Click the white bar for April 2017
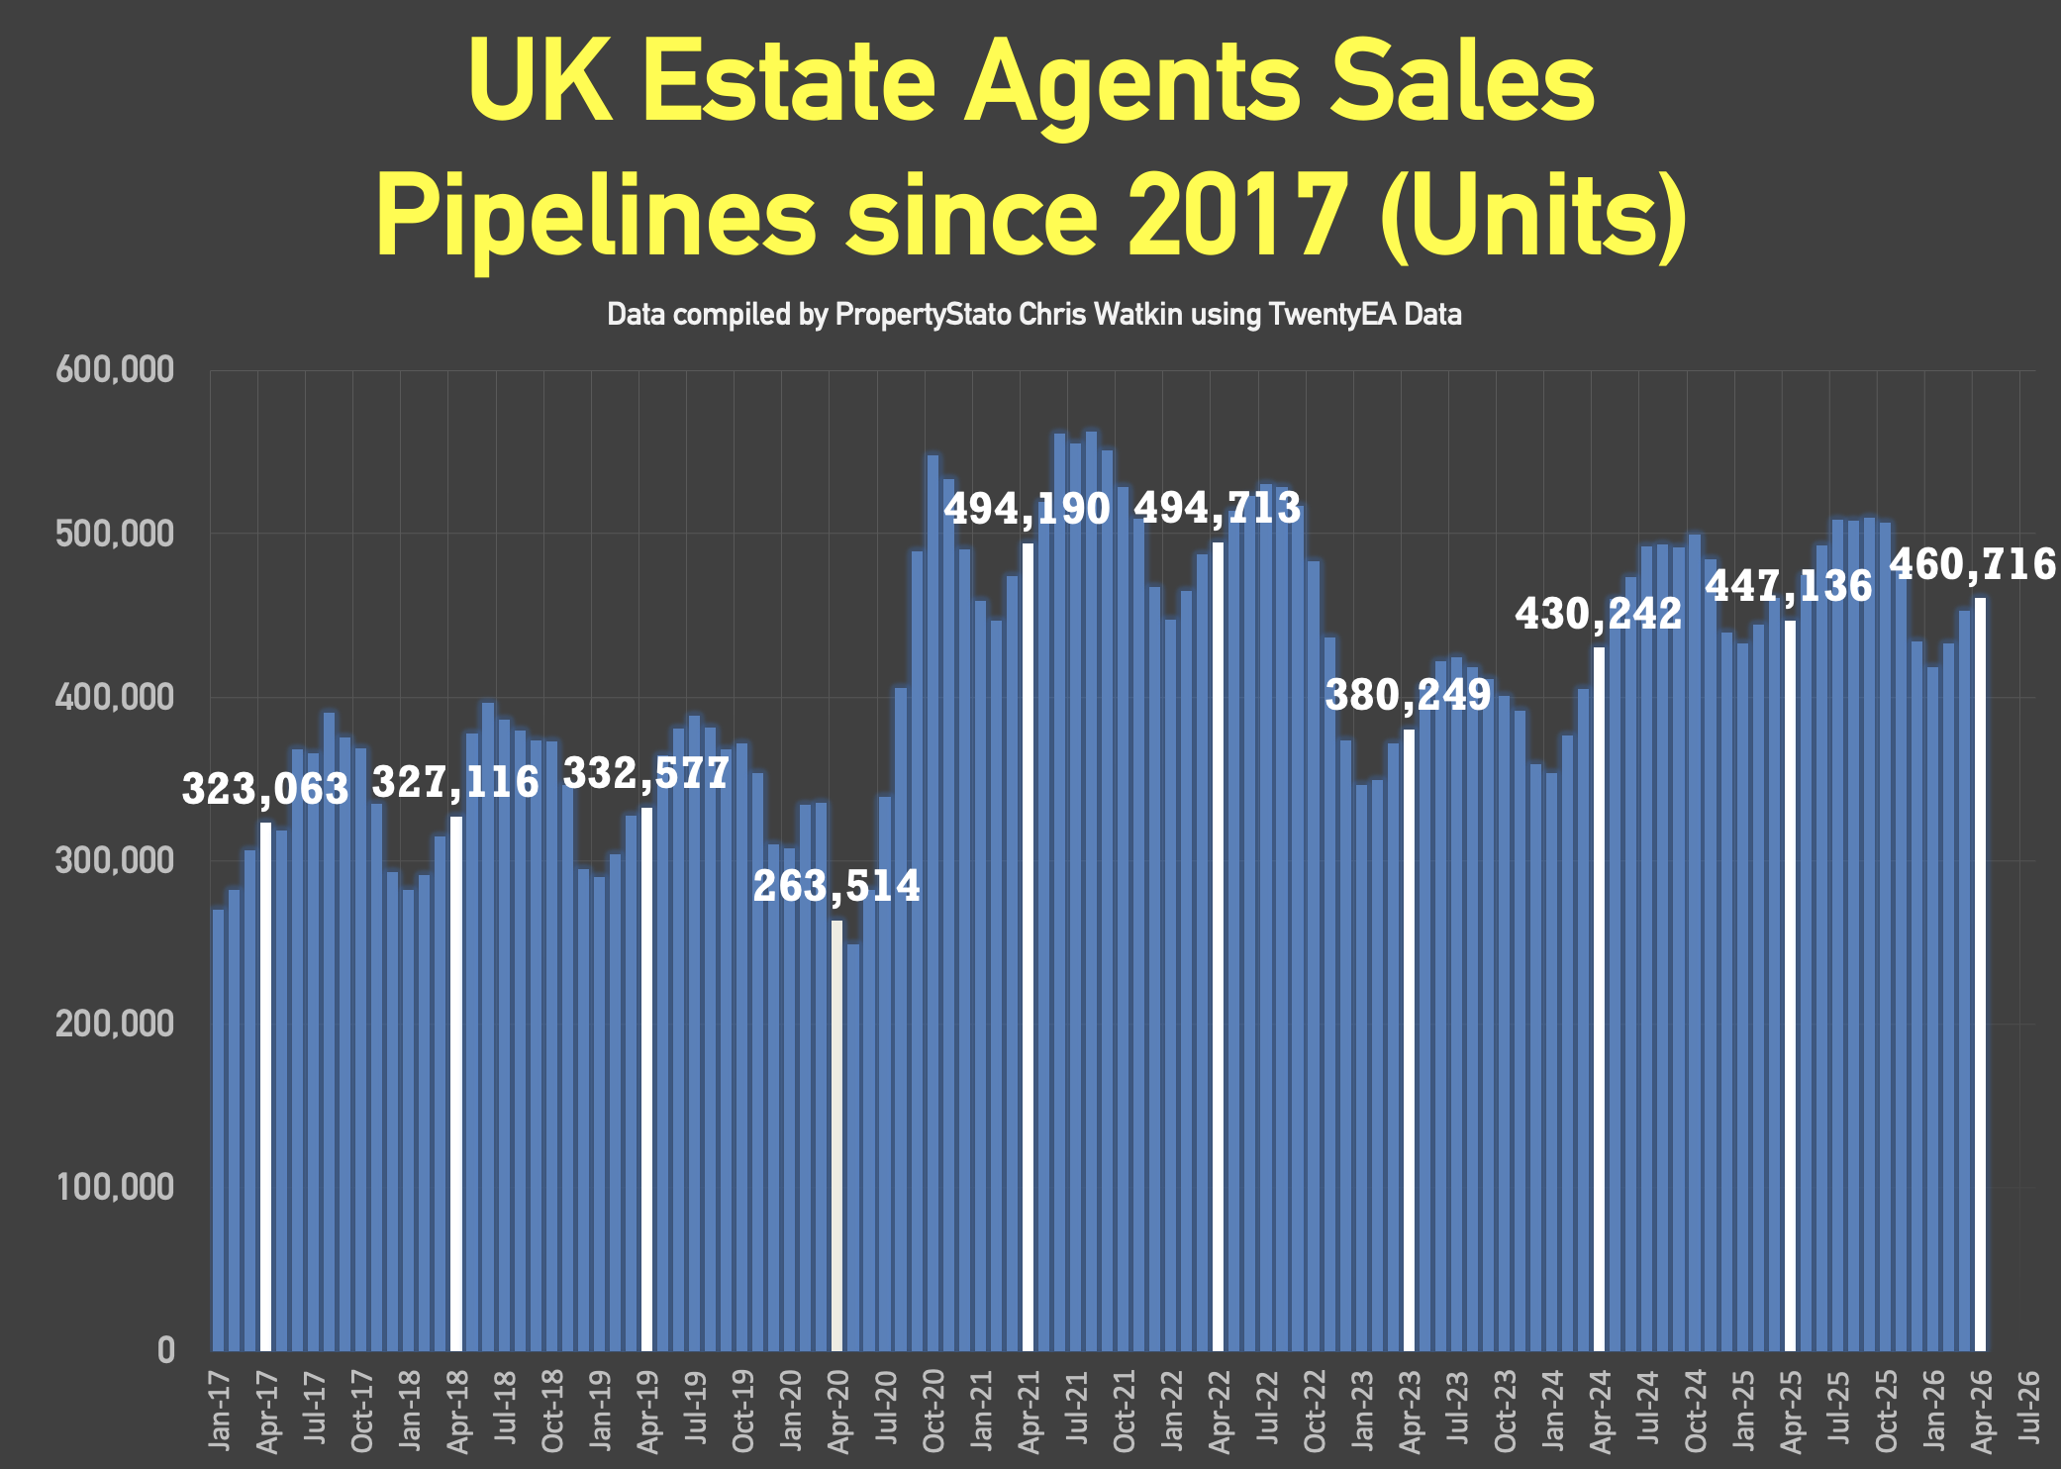(265, 1086)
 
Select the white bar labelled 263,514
(836, 1135)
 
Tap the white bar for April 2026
(1980, 974)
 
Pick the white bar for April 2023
(1409, 1039)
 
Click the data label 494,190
(1027, 509)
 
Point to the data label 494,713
(1217, 508)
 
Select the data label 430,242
(1599, 614)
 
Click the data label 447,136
(1789, 586)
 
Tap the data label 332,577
(646, 773)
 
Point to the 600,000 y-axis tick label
(115, 370)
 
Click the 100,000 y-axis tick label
(115, 1187)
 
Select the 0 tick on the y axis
(165, 1350)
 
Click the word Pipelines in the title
(597, 216)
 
